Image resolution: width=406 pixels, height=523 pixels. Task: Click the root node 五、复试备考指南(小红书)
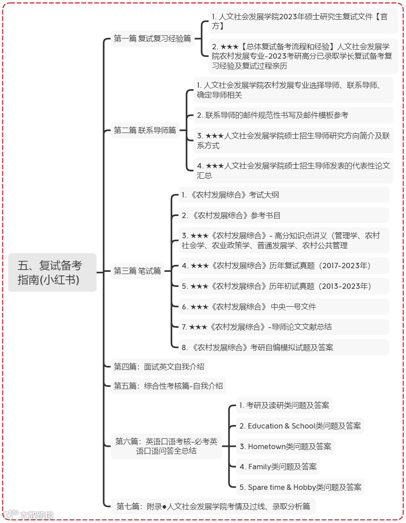52,272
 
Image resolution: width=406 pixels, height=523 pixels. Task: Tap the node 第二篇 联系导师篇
145,130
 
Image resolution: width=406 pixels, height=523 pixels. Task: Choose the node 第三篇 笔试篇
137,271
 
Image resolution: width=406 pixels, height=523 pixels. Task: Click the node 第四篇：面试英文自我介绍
159,367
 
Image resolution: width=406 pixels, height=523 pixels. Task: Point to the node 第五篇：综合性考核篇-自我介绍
168,386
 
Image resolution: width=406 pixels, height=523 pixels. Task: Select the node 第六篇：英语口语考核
166,446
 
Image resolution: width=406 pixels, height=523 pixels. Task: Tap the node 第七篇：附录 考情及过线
213,506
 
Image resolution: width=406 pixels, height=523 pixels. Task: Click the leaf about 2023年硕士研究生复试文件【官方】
303,21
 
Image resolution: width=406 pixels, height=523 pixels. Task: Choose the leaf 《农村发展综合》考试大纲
284,195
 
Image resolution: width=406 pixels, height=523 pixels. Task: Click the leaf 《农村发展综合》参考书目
284,215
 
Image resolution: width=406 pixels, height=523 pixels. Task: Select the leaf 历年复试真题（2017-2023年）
284,266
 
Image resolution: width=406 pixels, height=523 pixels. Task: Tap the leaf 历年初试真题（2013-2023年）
284,286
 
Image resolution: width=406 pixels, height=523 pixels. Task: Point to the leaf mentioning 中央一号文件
284,307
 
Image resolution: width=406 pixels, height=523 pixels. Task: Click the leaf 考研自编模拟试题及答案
284,347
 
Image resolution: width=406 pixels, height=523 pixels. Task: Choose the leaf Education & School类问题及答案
300,426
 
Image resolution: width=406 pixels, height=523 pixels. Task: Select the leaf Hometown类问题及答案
285,446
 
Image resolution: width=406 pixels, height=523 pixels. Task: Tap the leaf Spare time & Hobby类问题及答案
300,487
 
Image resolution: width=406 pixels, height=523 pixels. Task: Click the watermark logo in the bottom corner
29,515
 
